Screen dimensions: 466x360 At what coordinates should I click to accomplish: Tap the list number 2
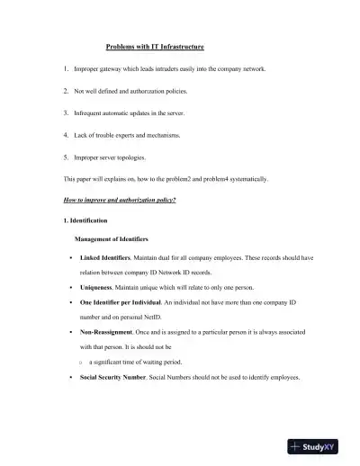tap(66, 91)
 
